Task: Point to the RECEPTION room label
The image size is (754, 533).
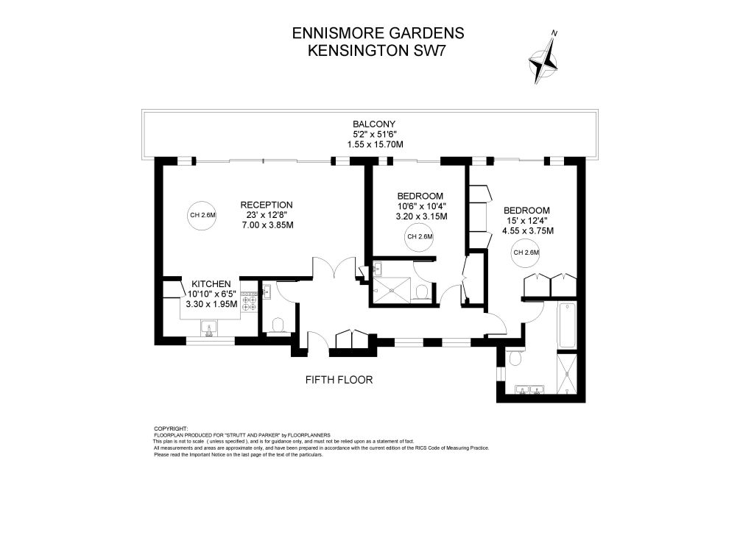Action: (267, 205)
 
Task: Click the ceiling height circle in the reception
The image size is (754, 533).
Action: (202, 215)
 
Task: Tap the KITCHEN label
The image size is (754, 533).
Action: (211, 284)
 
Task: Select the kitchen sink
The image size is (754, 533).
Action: (209, 328)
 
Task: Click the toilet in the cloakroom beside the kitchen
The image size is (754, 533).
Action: (278, 325)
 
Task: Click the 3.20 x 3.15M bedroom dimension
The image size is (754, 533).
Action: (421, 216)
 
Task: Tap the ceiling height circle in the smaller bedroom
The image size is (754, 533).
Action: (420, 236)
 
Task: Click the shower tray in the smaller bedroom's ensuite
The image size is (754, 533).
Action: (392, 290)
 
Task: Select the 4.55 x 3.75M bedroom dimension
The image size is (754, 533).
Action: (527, 230)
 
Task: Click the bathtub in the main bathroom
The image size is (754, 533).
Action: (566, 325)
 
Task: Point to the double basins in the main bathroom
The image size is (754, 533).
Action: (529, 389)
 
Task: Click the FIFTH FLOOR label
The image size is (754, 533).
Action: (339, 380)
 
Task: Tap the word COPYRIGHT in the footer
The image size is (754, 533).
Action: (171, 428)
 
